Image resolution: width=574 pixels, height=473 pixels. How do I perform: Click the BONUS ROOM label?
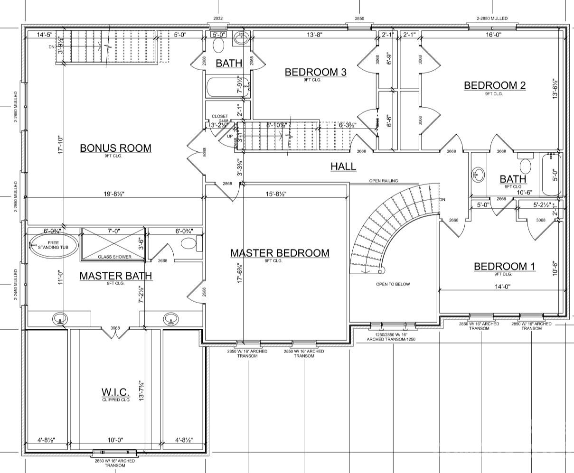[115, 148]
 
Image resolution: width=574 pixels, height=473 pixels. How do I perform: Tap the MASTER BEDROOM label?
[280, 253]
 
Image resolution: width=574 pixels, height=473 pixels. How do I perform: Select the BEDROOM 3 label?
[316, 72]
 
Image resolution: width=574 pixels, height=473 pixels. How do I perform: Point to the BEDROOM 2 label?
[495, 85]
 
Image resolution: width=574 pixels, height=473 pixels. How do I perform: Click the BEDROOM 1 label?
[504, 267]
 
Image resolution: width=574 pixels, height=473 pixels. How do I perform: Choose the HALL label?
[343, 167]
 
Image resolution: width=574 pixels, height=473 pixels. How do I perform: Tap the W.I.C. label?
[115, 392]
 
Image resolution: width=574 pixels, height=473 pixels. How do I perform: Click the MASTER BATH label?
[115, 276]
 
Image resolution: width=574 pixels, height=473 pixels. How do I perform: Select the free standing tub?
[53, 244]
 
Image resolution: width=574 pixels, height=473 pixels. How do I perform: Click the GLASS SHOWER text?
[114, 257]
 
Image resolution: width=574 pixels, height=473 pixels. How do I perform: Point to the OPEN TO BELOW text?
[393, 284]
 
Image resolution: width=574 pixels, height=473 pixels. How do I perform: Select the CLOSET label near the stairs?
[220, 116]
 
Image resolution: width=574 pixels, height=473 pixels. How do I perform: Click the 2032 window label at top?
[217, 19]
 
